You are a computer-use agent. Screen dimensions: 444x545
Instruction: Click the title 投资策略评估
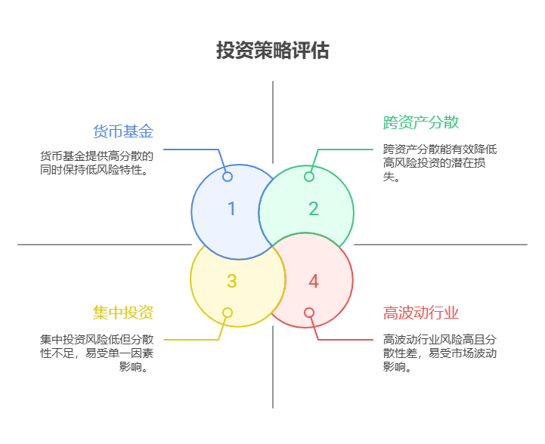pyautogui.click(x=272, y=51)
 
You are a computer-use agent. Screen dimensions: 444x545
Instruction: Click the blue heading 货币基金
pyautogui.click(x=123, y=131)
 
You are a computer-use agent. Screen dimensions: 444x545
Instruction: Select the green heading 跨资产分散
pyautogui.click(x=421, y=122)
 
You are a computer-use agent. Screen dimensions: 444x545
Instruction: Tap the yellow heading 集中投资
pyautogui.click(x=123, y=313)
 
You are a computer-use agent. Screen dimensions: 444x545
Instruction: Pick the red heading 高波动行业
pyautogui.click(x=421, y=313)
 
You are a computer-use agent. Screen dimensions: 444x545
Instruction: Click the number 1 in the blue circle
pyautogui.click(x=231, y=209)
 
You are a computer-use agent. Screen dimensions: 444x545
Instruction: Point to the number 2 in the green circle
pyautogui.click(x=313, y=209)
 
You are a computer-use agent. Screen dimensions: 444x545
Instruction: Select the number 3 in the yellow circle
pyautogui.click(x=231, y=282)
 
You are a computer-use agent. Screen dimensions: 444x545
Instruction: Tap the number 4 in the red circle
pyautogui.click(x=313, y=282)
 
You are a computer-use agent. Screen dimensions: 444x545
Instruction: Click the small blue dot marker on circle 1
pyautogui.click(x=228, y=177)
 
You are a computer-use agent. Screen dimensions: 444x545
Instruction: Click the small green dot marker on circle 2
pyautogui.click(x=309, y=177)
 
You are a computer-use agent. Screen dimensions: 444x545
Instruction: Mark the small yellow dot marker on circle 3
pyautogui.click(x=228, y=313)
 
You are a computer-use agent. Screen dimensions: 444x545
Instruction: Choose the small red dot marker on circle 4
pyautogui.click(x=309, y=313)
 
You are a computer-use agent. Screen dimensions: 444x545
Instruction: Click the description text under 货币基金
pyautogui.click(x=97, y=163)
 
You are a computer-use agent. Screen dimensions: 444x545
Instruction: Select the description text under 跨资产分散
pyautogui.click(x=440, y=163)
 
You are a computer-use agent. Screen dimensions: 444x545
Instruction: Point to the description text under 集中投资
pyautogui.click(x=97, y=353)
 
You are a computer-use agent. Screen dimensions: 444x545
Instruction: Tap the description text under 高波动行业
pyautogui.click(x=440, y=353)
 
